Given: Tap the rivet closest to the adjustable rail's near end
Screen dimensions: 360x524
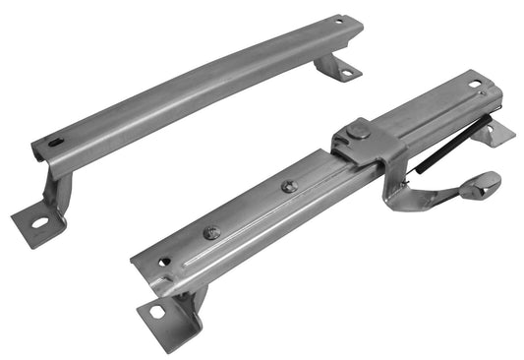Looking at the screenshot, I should [x=209, y=232].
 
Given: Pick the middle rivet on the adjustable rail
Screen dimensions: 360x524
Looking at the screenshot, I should [x=288, y=186].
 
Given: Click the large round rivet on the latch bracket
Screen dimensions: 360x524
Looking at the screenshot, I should [x=360, y=131].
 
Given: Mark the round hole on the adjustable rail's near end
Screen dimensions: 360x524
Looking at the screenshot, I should [x=163, y=262].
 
